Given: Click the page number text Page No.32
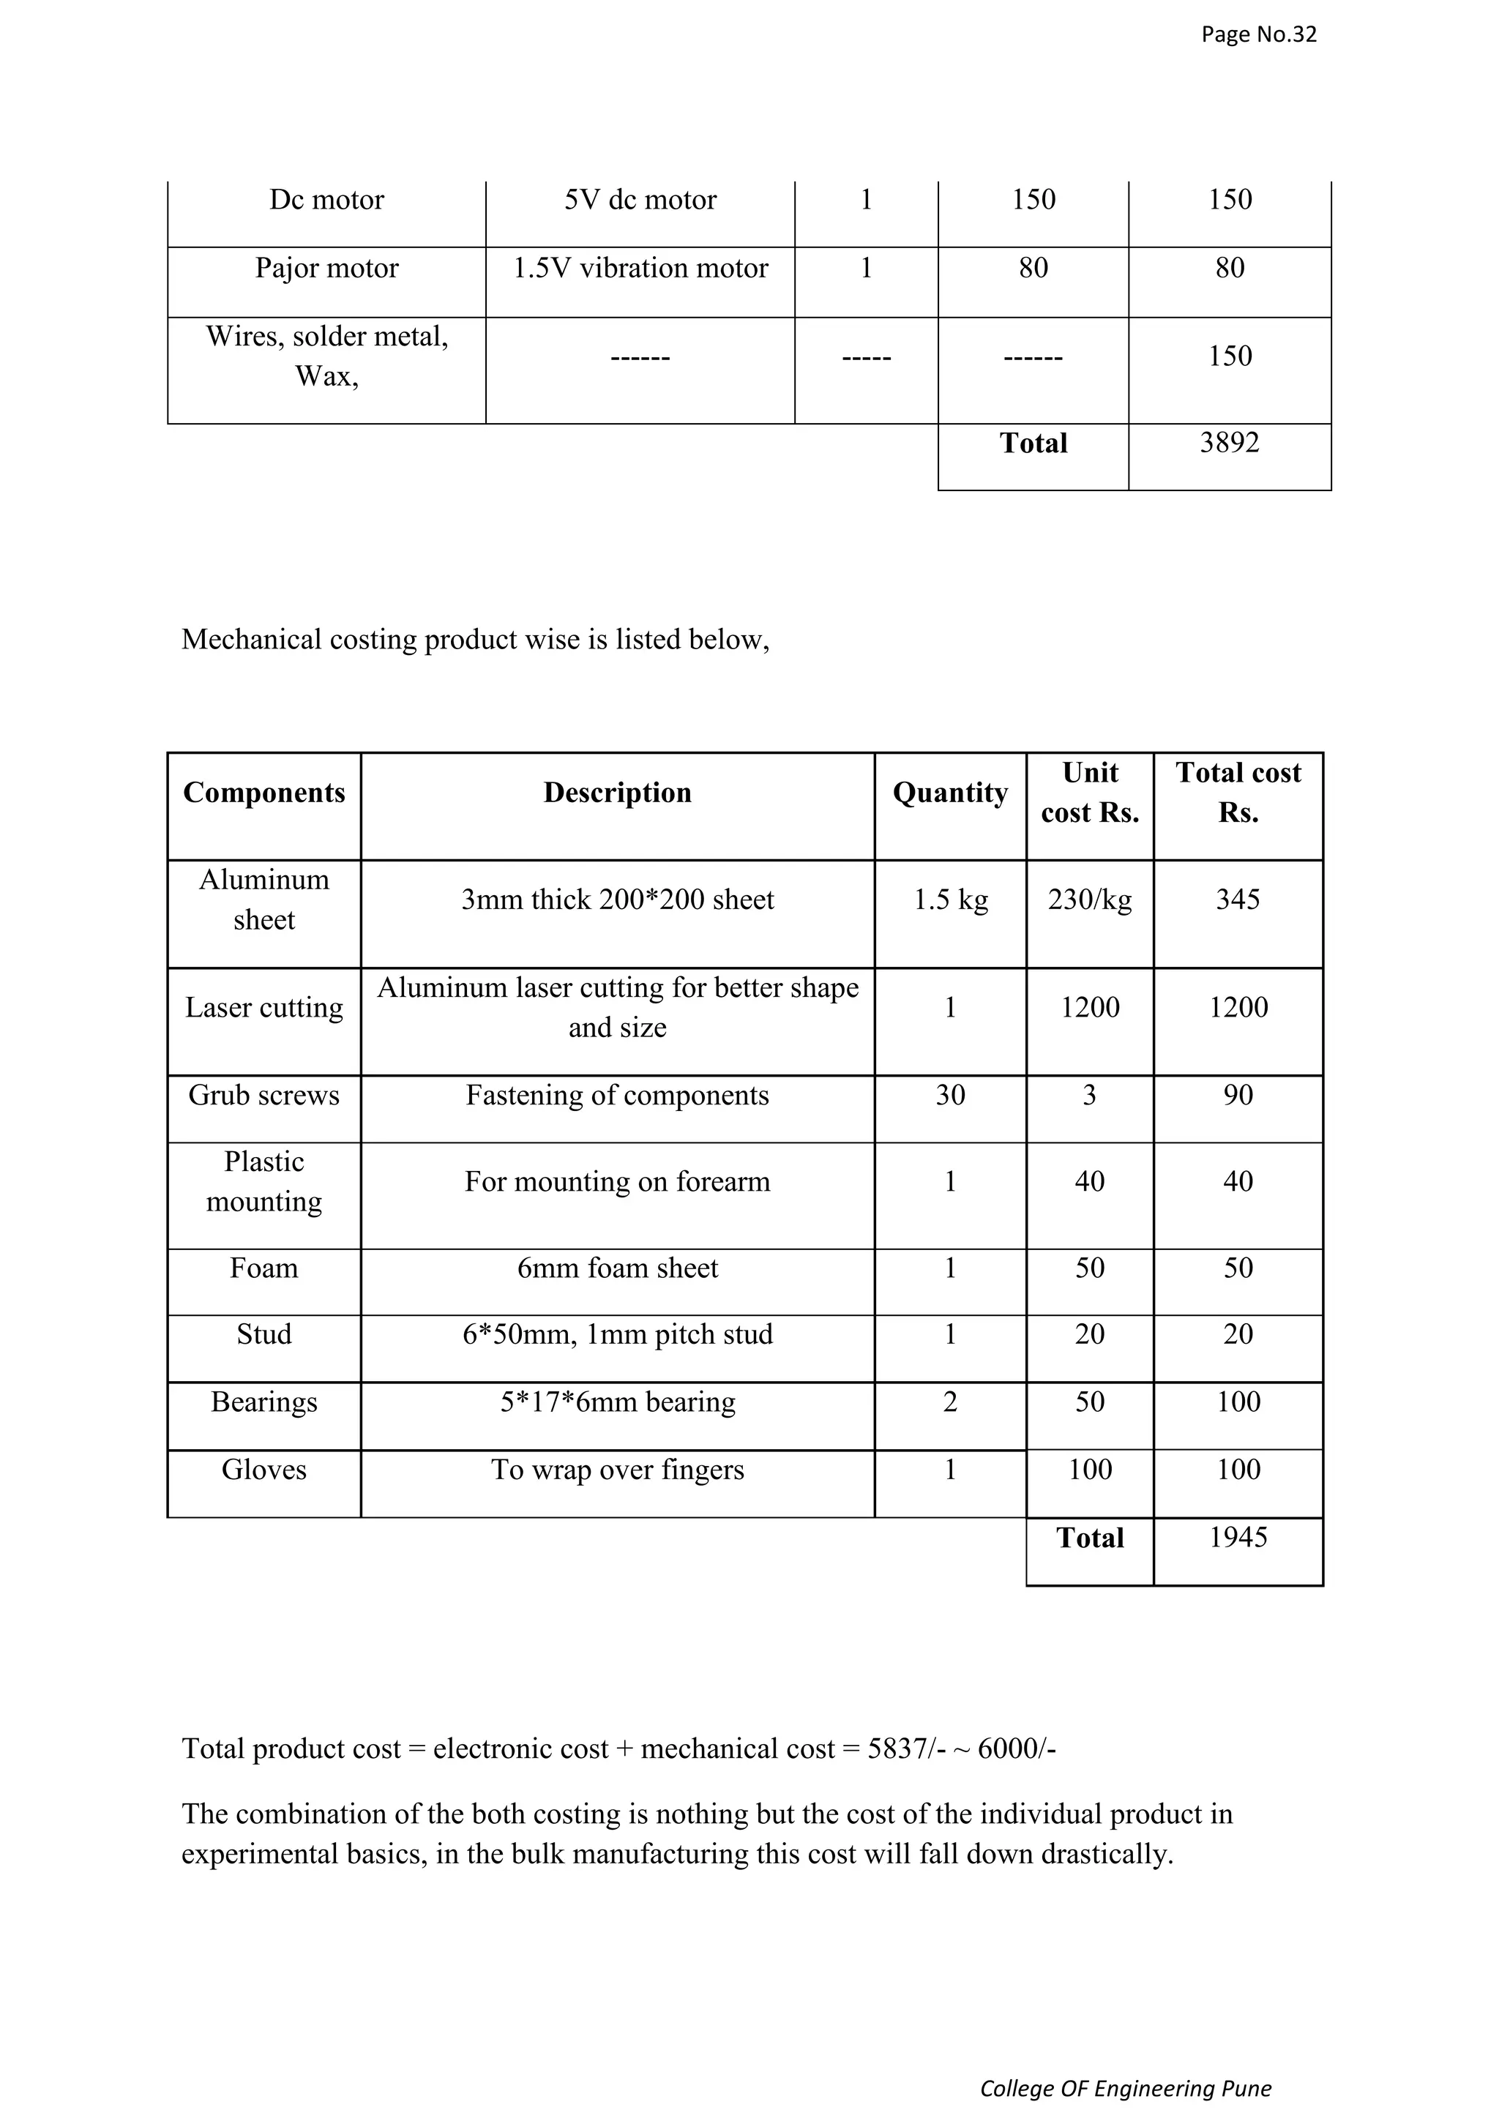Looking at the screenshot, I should point(1258,35).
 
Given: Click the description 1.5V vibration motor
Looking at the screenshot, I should point(640,269).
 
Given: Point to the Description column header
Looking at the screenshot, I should point(617,793).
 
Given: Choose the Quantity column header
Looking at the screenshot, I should point(949,793).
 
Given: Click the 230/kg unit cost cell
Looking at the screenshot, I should point(1089,899).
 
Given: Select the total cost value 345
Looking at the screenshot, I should point(1238,899).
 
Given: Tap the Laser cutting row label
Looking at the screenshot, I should point(264,1008).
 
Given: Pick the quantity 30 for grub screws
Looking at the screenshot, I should point(949,1096).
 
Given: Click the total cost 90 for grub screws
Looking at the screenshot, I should point(1238,1096).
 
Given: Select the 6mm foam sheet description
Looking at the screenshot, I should point(617,1268).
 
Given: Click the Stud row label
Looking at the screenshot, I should point(264,1335).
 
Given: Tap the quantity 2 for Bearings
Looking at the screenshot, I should point(949,1402).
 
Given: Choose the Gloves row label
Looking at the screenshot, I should point(264,1470).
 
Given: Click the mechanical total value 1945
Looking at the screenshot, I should point(1238,1537).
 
